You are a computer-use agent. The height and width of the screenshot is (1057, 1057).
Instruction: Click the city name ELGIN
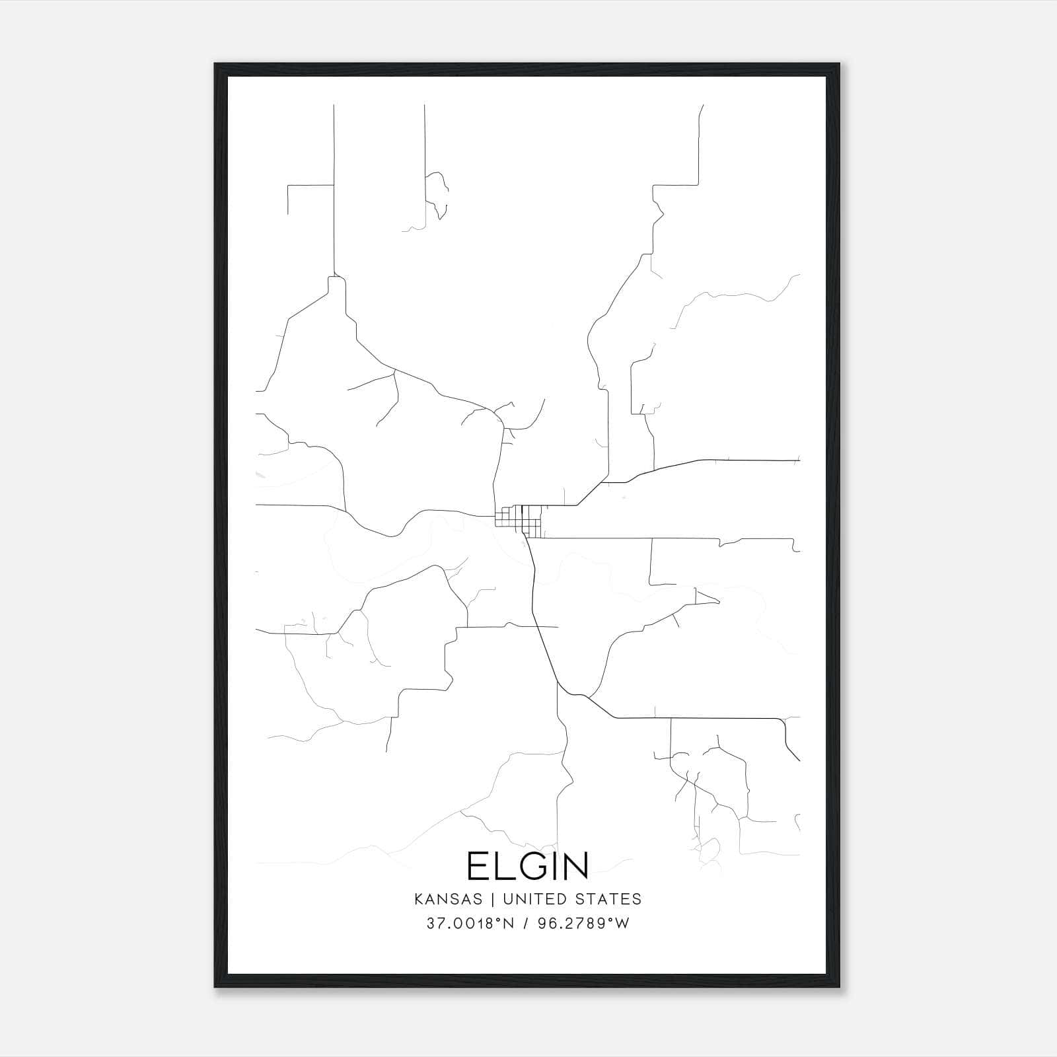(x=527, y=866)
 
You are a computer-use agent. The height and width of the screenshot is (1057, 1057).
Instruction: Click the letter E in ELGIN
(x=477, y=866)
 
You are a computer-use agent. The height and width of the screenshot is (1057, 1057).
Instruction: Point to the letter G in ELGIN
(x=530, y=866)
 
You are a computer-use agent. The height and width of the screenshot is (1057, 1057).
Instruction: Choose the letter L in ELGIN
(x=503, y=866)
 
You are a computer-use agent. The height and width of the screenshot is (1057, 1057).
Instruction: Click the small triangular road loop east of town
(x=704, y=597)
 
